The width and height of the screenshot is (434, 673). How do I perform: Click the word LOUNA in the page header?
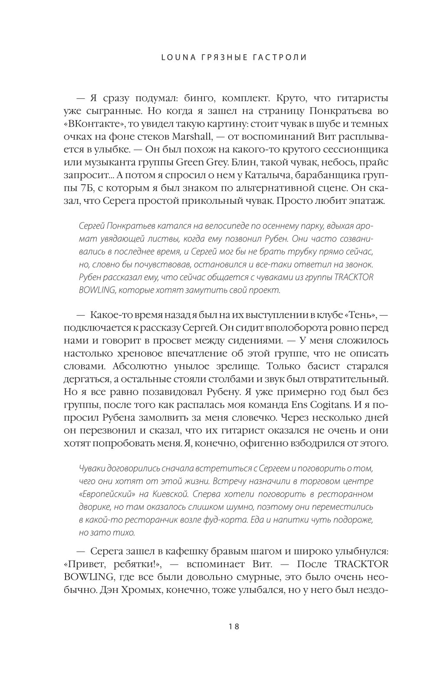pyautogui.click(x=174, y=57)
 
